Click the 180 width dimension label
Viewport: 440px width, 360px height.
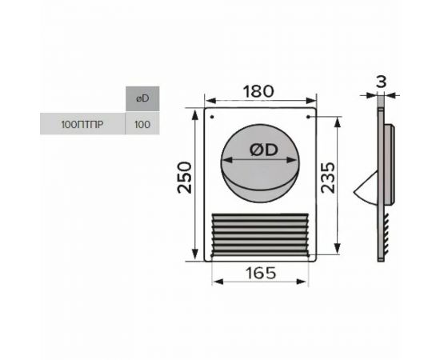(258, 91)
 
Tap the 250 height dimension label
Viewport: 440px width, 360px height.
(185, 178)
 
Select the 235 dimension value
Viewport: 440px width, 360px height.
(328, 178)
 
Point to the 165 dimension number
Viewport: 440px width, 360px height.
(261, 273)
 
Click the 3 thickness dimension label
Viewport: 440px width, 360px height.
(381, 82)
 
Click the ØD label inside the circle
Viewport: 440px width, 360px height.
(263, 150)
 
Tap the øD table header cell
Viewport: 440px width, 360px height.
(142, 98)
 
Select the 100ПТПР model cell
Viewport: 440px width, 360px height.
(82, 124)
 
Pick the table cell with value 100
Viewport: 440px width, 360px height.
(142, 124)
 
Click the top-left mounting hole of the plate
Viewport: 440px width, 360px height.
(212, 117)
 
